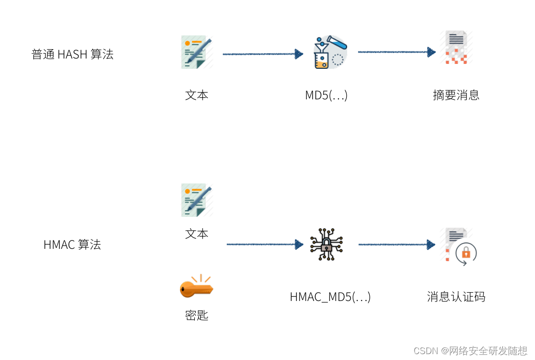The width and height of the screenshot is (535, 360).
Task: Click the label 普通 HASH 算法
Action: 72,55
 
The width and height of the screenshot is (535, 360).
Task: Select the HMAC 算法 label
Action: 72,244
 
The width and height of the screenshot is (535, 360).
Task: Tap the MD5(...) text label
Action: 326,95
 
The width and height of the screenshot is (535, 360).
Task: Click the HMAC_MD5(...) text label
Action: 330,297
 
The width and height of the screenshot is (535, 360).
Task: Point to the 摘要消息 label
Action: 456,95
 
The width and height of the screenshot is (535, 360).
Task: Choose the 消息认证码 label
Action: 456,297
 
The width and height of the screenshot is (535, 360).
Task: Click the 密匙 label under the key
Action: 197,315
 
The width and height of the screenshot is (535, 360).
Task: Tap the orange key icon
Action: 196,287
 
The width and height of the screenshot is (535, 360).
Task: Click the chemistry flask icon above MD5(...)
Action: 330,52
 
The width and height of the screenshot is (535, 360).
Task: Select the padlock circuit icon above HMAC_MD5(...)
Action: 327,244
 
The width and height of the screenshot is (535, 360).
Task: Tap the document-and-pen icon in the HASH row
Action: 197,52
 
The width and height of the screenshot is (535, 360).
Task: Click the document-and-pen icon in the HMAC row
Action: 197,200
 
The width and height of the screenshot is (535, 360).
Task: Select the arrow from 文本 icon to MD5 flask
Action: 263,54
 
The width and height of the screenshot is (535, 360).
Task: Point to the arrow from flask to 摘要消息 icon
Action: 396,52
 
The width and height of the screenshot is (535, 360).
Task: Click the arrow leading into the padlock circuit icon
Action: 265,244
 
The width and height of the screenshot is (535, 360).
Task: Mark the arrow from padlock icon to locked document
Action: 396,244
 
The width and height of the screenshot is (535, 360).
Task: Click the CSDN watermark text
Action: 470,351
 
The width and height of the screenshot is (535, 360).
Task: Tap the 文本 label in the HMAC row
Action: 197,234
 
